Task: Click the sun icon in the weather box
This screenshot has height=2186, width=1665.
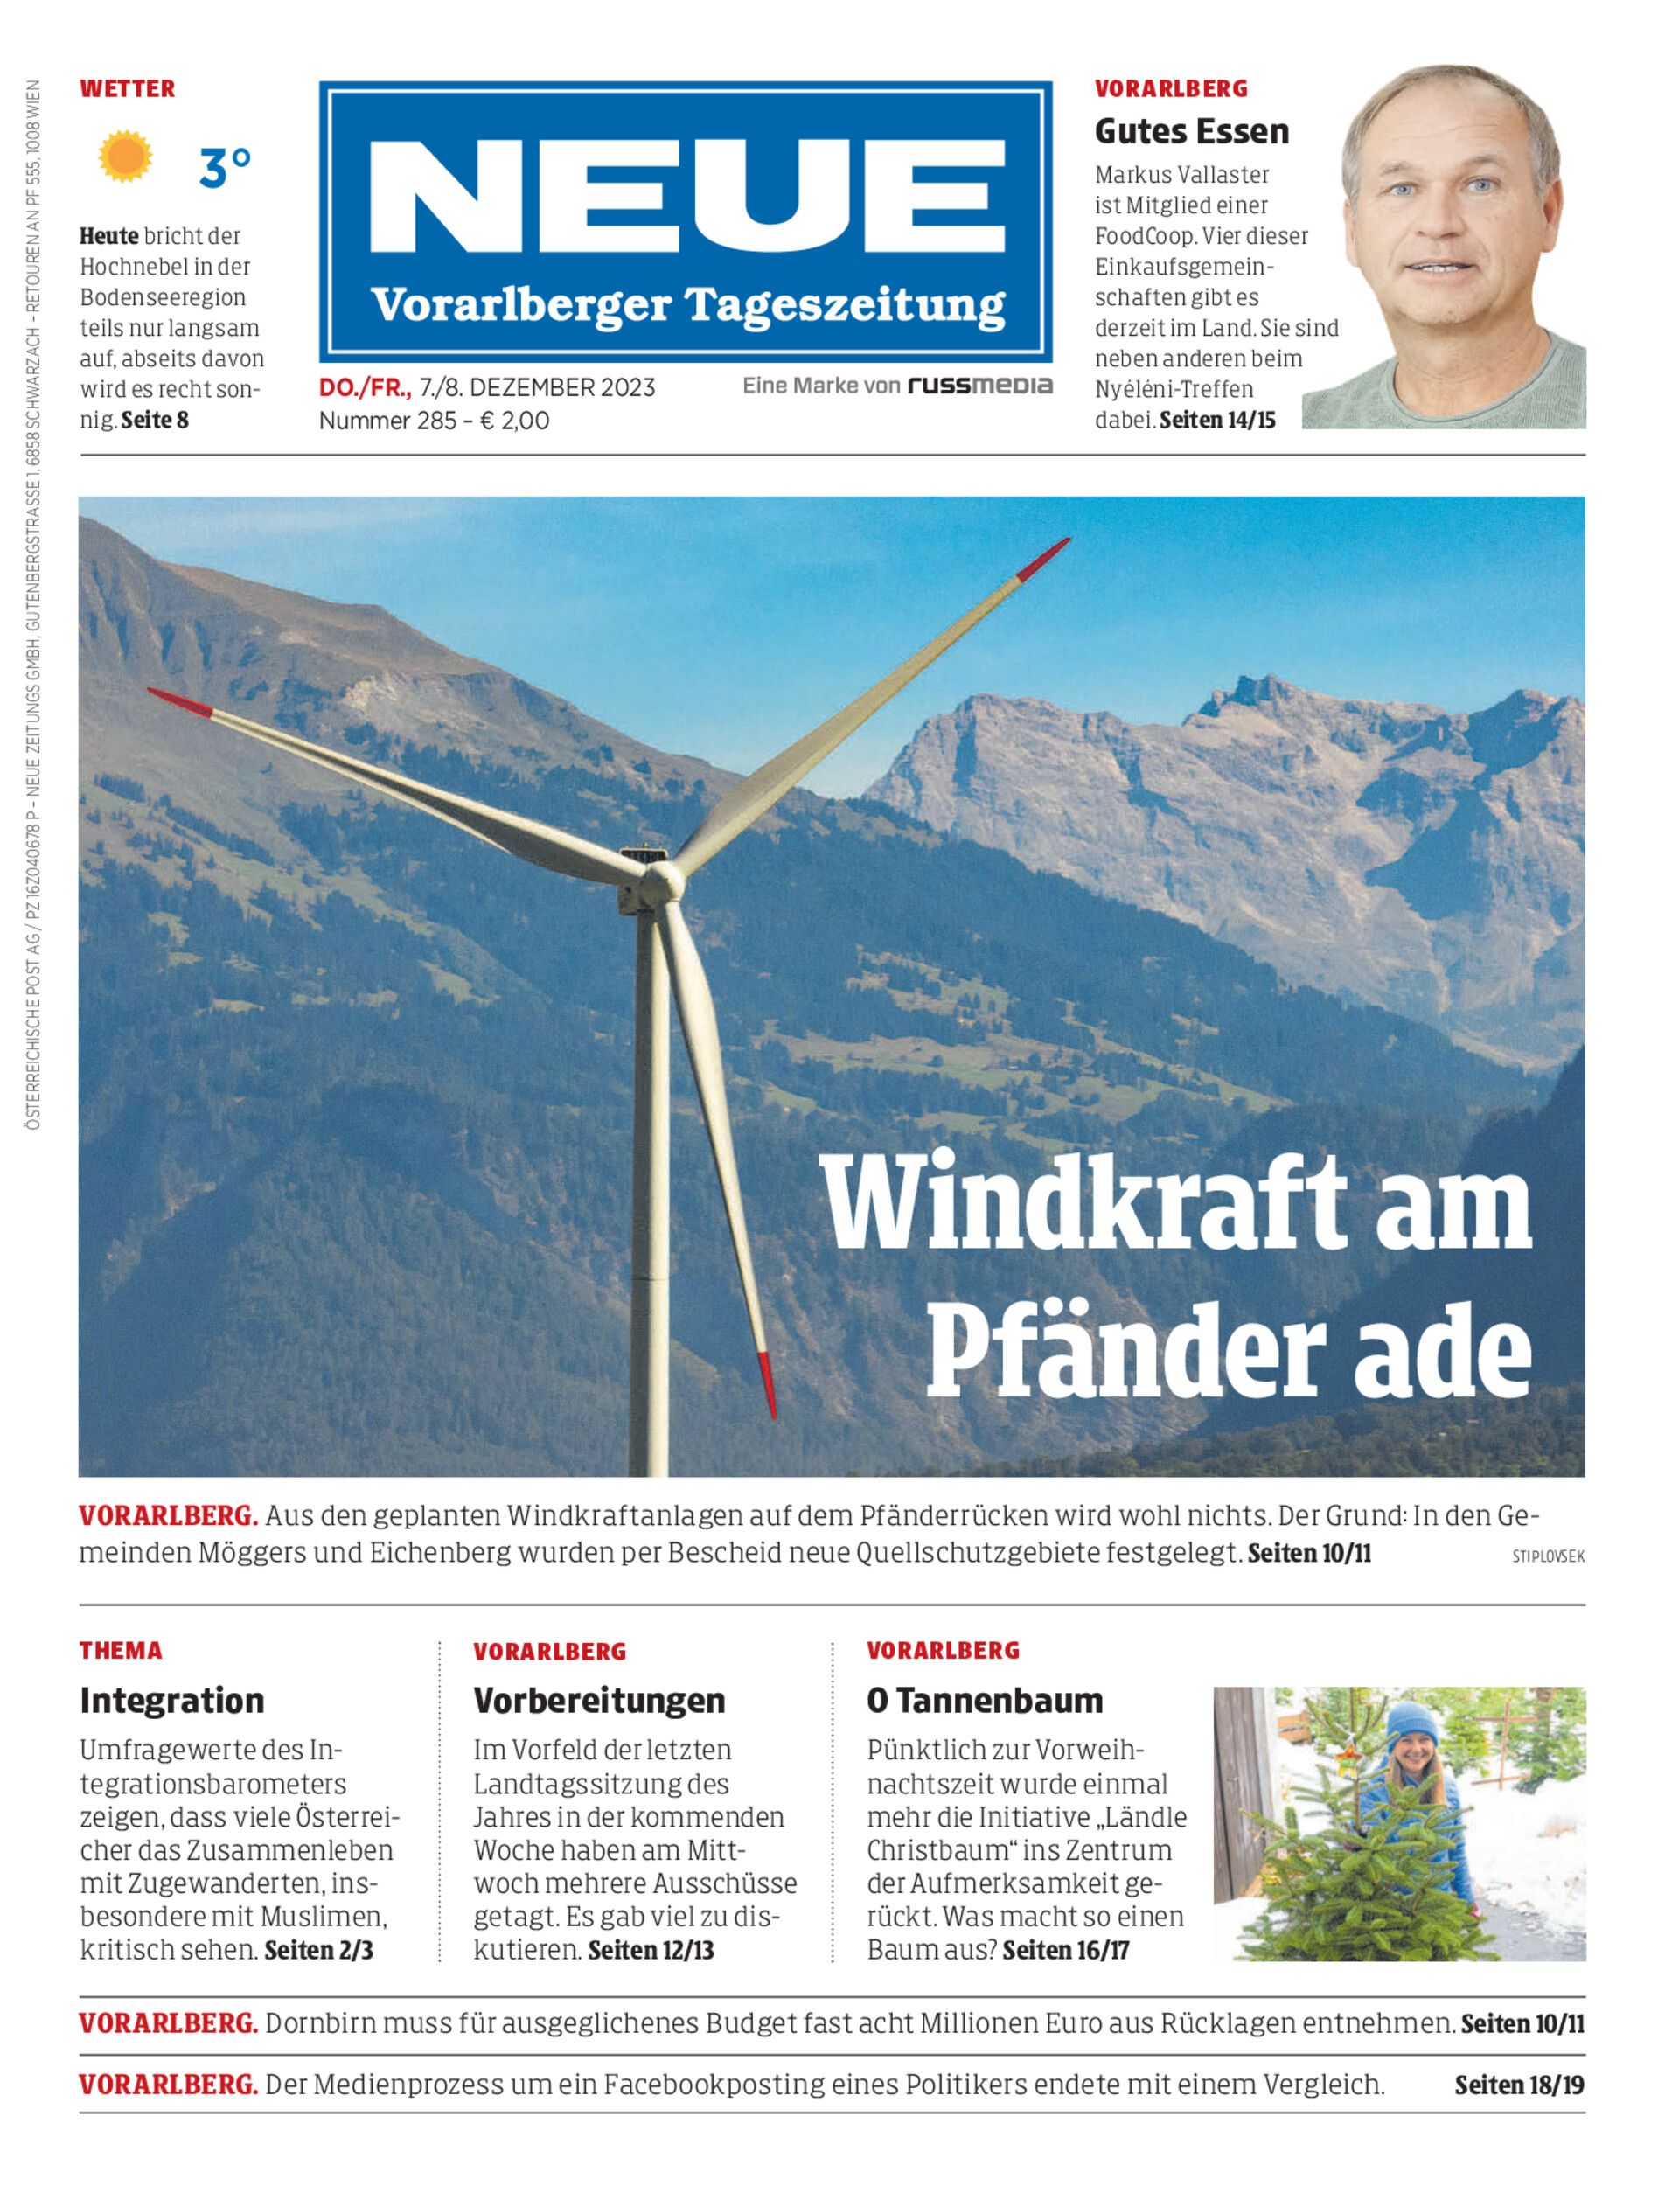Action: click(125, 157)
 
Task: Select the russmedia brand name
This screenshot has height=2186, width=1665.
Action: click(980, 386)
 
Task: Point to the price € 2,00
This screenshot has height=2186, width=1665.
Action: click(514, 421)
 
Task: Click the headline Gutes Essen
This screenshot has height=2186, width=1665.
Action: click(1191, 131)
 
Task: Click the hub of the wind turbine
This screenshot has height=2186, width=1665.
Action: click(661, 877)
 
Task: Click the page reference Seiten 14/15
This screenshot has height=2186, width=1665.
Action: click(1217, 421)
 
